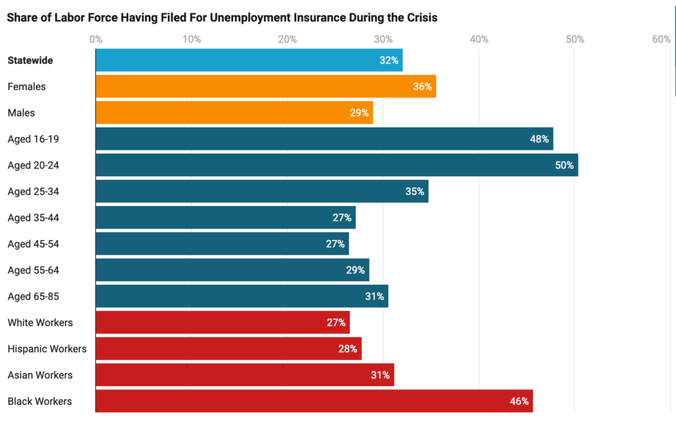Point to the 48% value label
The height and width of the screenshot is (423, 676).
[539, 139]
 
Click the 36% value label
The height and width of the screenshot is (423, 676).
[422, 87]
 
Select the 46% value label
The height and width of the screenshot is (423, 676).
[519, 401]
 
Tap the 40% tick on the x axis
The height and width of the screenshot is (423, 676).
[479, 39]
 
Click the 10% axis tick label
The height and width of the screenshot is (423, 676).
[191, 39]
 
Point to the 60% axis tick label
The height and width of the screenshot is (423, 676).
[661, 39]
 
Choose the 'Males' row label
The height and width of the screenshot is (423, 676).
[21, 113]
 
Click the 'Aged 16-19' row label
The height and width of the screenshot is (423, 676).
[33, 139]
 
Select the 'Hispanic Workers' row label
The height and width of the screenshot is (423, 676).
[47, 349]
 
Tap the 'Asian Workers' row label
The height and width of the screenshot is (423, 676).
[40, 375]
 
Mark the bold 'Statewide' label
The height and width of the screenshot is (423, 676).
[30, 60]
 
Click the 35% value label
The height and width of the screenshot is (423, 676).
[415, 191]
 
